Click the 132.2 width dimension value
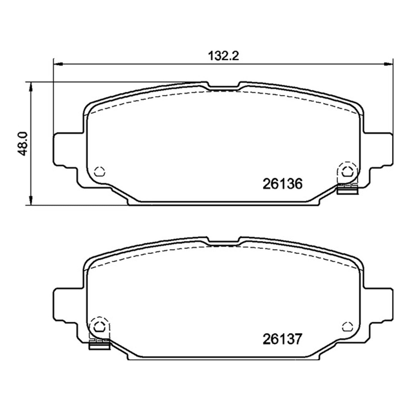coord(223,56)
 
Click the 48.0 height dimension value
coord(22,144)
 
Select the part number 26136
coord(282,184)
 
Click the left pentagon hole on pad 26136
coord(100,171)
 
